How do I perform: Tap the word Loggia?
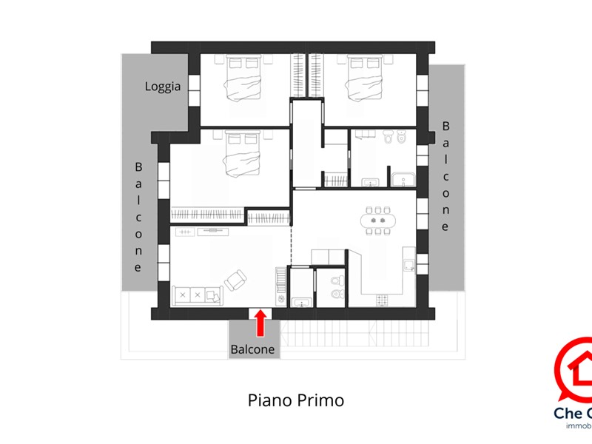[163, 87]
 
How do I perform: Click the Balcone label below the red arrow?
[252, 349]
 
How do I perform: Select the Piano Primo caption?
[295, 400]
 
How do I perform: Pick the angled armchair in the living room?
[237, 280]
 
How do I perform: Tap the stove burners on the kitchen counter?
[383, 300]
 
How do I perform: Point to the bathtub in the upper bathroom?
[403, 178]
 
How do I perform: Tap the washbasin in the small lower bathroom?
[301, 301]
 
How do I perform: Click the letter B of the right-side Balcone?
[445, 127]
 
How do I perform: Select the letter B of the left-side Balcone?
[138, 168]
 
